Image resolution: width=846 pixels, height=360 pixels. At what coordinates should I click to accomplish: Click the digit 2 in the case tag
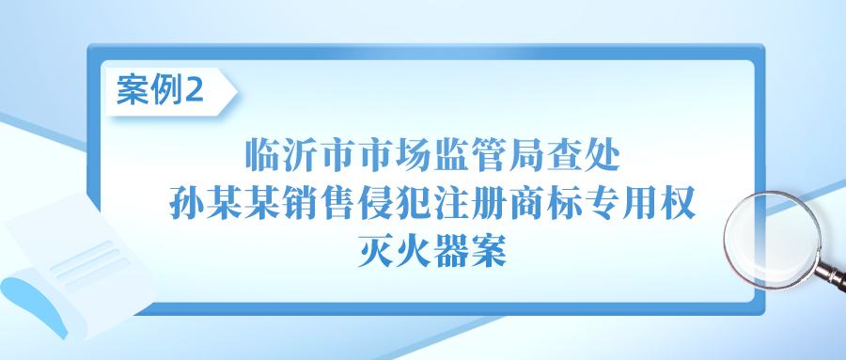coord(195,91)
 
